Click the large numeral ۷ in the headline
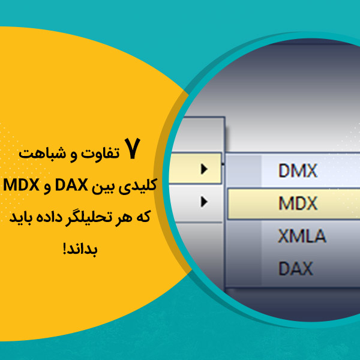[132, 148]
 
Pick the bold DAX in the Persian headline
[71, 185]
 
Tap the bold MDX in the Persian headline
[21, 185]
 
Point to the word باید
[20, 218]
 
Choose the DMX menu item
[298, 170]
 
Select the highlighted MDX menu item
[298, 203]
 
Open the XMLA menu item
[302, 236]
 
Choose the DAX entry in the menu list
[295, 268]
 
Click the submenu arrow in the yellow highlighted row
[204, 169]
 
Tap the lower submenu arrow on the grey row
[204, 202]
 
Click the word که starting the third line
[143, 217]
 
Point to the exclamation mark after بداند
[65, 248]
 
